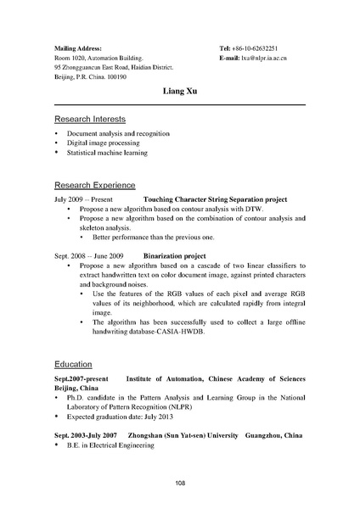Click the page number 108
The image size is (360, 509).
click(179, 484)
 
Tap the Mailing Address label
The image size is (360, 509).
click(77, 49)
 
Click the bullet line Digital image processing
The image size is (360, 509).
click(105, 143)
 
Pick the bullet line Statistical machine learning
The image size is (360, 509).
click(107, 153)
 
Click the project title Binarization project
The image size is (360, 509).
click(175, 255)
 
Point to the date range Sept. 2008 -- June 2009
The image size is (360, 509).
click(89, 255)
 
